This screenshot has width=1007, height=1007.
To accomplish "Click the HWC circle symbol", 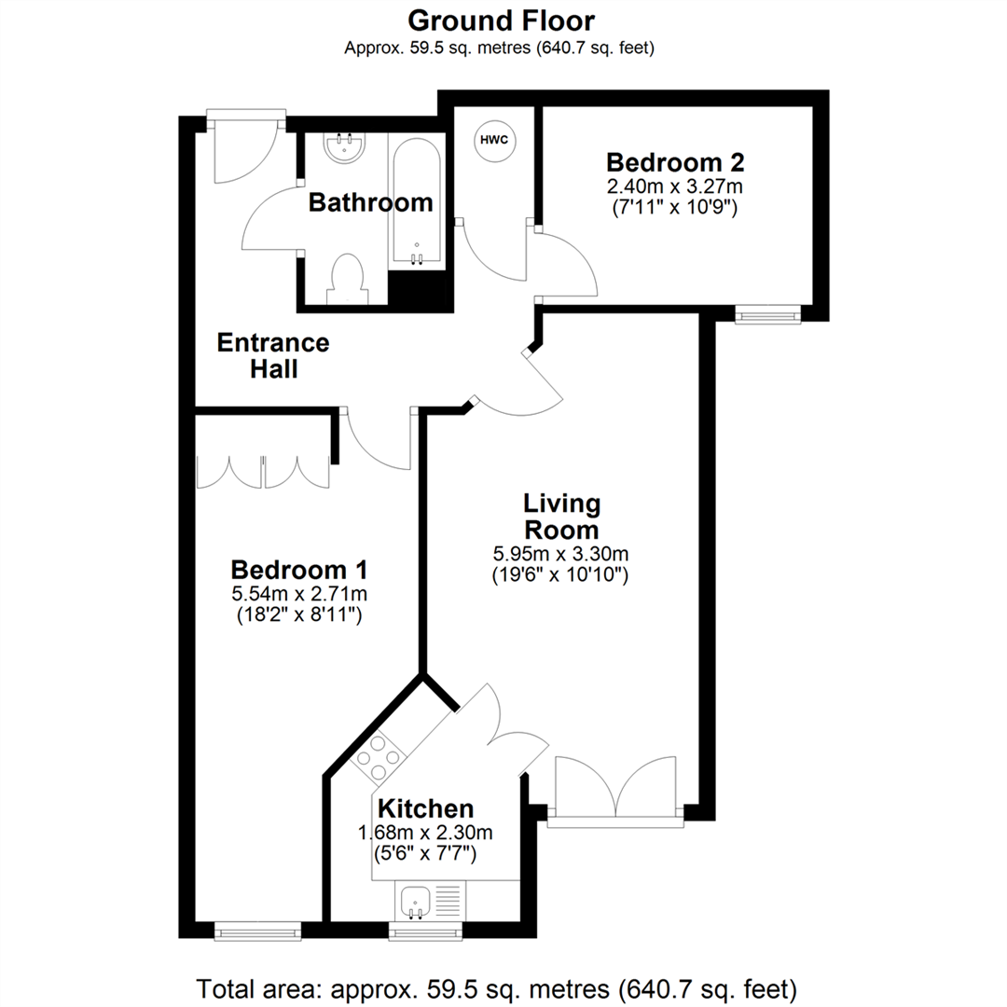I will click(494, 140).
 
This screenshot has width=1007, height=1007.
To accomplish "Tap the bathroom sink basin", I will click(344, 146).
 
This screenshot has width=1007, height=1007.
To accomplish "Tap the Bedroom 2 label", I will click(674, 162).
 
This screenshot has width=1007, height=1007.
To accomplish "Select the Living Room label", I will click(560, 517).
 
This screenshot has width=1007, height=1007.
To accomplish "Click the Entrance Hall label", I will click(273, 355).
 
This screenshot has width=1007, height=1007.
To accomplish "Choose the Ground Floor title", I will click(501, 20).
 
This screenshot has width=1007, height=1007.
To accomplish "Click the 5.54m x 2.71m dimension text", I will click(299, 594).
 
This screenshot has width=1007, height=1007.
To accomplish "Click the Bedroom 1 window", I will click(257, 930).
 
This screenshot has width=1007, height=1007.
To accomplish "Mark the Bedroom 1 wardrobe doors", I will click(264, 472).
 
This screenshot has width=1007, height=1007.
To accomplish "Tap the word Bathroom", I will click(370, 201).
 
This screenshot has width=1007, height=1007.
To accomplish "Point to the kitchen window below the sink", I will click(423, 931).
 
